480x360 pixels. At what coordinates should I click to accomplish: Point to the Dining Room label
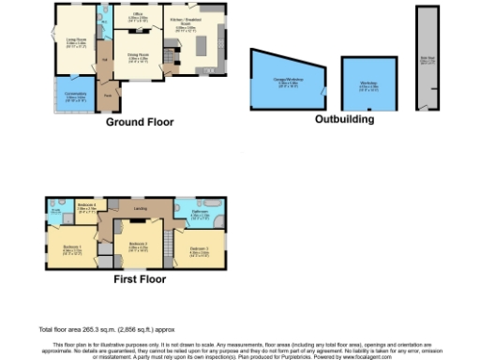coord(139,58)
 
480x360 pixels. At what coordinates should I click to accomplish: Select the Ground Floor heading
coord(137,122)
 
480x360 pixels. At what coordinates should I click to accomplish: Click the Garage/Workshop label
coord(282,81)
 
